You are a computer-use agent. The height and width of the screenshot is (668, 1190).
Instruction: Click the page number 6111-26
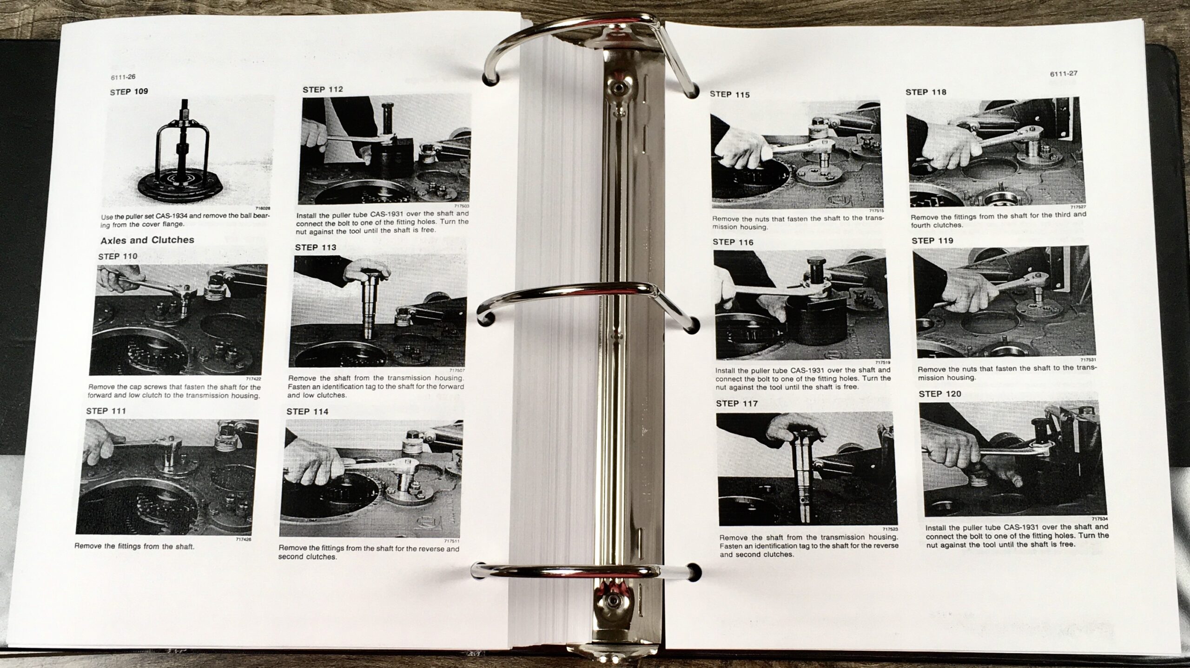(123, 77)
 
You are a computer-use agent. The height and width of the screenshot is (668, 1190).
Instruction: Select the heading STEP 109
(129, 92)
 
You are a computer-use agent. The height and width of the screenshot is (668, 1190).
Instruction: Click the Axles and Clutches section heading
(147, 240)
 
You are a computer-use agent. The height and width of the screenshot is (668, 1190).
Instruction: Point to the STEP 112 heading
(323, 89)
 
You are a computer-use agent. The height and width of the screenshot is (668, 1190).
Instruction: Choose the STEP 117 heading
(737, 404)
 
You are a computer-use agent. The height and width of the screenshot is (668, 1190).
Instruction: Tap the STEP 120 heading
(940, 394)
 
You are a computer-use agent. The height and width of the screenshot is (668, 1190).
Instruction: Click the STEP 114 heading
(307, 412)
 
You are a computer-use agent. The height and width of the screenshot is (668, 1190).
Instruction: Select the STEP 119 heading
(932, 241)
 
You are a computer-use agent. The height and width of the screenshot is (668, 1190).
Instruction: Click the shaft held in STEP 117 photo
(802, 474)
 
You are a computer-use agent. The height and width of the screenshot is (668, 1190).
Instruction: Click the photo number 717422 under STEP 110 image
(252, 379)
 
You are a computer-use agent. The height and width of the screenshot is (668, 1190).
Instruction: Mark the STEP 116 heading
(733, 242)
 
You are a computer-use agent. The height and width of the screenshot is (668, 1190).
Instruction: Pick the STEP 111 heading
(106, 411)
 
